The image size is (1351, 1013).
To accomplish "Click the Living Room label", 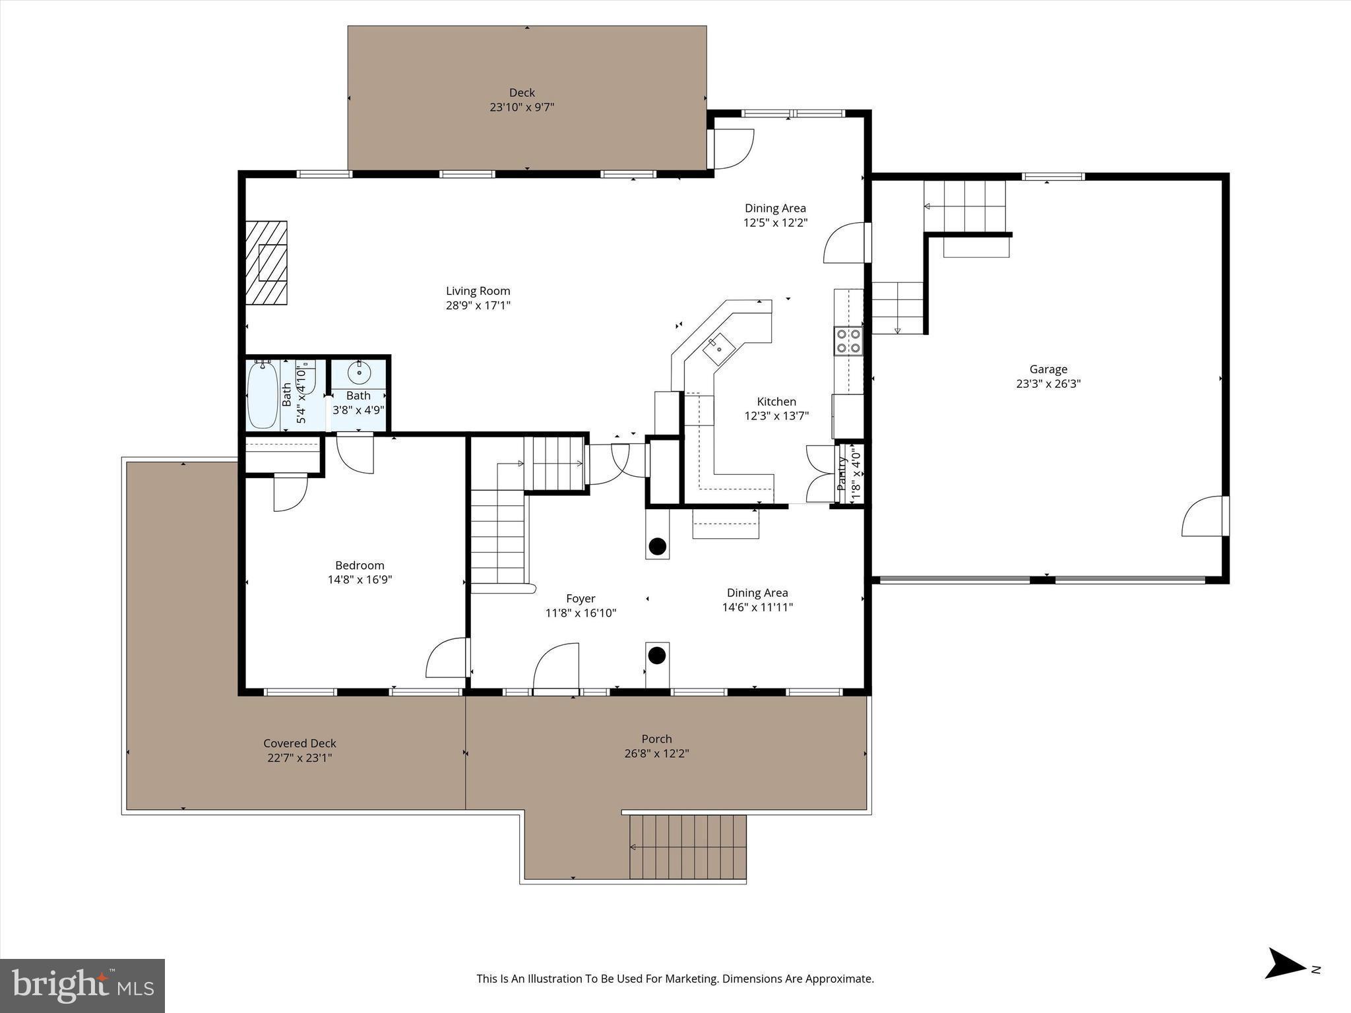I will click(478, 291).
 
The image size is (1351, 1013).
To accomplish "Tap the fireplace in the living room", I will click(267, 262).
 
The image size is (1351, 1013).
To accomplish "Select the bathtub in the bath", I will click(263, 395).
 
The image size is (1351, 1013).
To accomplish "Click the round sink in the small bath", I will click(359, 373).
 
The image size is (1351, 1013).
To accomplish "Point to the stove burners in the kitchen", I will click(848, 341).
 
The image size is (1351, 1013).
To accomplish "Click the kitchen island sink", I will click(716, 347).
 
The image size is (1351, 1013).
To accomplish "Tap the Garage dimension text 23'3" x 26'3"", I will click(1048, 384).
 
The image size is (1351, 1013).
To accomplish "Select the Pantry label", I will click(842, 474).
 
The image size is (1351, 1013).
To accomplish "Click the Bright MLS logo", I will click(82, 985).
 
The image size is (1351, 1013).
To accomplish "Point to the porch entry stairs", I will click(687, 847).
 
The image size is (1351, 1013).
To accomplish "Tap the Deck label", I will click(522, 93).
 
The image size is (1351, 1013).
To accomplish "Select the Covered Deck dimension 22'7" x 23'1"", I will click(299, 758).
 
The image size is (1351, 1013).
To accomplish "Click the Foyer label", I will click(581, 599).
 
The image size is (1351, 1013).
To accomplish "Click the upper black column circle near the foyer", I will click(656, 546).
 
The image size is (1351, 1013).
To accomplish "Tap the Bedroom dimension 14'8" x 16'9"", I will click(360, 580).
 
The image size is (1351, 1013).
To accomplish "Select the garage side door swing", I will click(1202, 518).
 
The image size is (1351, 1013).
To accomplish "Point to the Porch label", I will click(656, 739).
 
